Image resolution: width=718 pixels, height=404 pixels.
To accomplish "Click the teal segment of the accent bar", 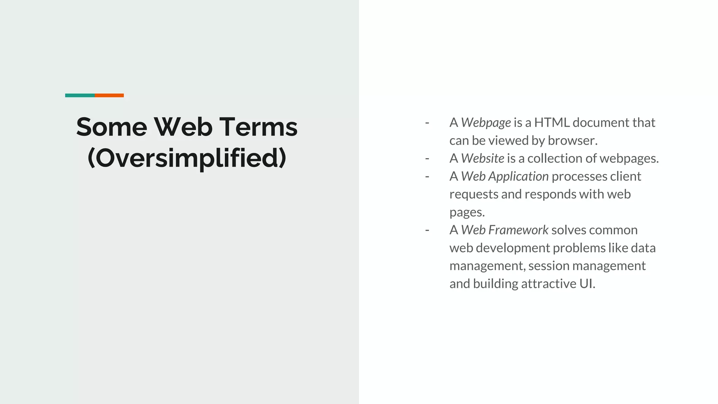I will pos(80,95).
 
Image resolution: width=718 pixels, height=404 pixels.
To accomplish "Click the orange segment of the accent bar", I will pos(109,95).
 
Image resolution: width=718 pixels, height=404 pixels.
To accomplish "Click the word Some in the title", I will pos(111,127).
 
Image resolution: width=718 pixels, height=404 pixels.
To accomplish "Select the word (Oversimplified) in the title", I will pos(187,158).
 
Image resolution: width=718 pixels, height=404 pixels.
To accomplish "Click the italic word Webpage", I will pos(486,123).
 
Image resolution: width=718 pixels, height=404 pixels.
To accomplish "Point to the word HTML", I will pos(552,122).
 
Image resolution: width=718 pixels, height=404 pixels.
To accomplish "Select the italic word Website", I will pos(482,158).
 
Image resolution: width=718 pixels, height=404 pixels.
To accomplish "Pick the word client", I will pos(625,176).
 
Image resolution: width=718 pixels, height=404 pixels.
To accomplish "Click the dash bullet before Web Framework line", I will pos(427,230).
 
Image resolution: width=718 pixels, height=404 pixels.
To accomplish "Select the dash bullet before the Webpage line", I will pos(427,123).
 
